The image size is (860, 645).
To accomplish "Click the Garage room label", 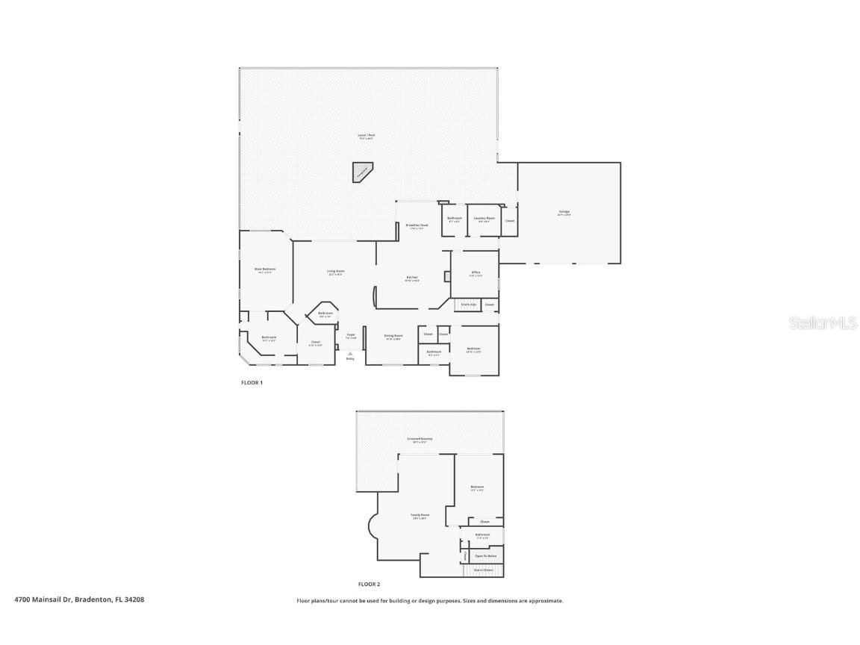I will point(564,212).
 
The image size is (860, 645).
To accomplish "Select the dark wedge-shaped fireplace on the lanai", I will point(362,172).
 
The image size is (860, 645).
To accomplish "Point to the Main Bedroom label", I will point(265,269).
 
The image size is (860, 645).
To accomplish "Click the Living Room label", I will point(335,272).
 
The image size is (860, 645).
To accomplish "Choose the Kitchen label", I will point(412,278).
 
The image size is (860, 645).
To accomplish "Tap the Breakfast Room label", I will point(417,225).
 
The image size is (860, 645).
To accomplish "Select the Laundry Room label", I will point(484,219).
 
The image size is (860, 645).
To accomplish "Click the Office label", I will point(476,273).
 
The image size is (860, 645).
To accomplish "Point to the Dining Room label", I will point(393,337).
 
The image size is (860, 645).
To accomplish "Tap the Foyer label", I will point(351,336).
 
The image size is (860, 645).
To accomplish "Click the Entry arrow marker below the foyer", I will point(350,355).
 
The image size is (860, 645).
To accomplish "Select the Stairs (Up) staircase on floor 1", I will point(468,305).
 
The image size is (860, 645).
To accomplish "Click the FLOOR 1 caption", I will point(252,383).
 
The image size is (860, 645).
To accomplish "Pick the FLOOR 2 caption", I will point(369,585).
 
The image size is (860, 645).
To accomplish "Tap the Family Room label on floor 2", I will point(420,515).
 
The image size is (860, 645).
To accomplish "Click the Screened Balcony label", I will point(420,439).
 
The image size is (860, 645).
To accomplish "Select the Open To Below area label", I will point(486,556).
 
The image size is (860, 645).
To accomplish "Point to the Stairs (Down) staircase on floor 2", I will point(484,570).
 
